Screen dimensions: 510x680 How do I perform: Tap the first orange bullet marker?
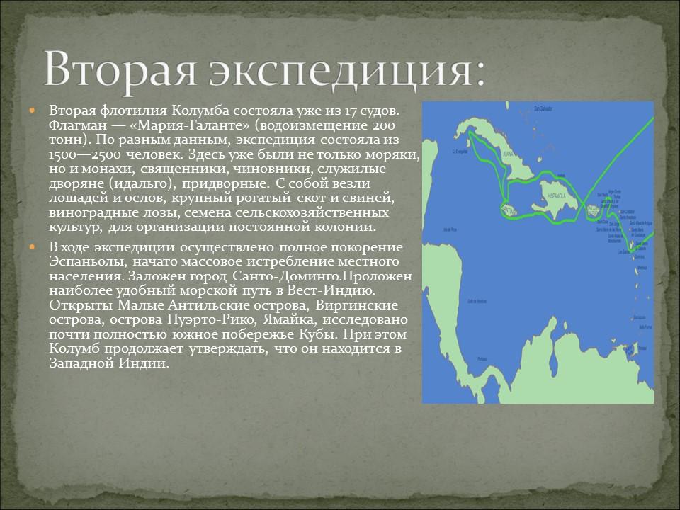click(31, 112)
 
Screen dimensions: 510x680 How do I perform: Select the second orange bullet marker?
click(31, 246)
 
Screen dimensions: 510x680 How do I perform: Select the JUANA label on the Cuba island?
click(505, 152)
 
